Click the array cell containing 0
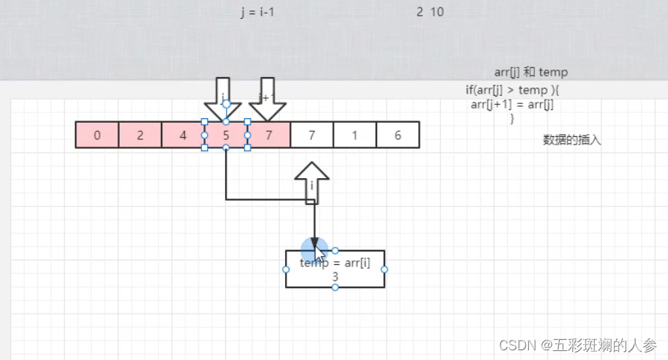[97, 135]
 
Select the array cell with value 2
[140, 135]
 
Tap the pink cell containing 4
[183, 135]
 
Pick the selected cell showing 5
[226, 135]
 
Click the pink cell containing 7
[269, 135]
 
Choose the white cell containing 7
[312, 135]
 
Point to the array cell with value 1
[355, 135]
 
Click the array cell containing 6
[397, 135]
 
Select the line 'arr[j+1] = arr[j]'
[512, 104]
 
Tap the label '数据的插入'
[572, 140]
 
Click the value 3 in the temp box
[335, 277]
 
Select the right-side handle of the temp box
[384, 269]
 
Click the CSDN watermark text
[577, 345]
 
